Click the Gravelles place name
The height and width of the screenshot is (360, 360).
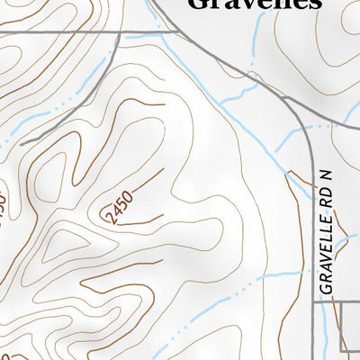pos(255,4)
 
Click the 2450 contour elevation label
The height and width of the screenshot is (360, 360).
pos(118,208)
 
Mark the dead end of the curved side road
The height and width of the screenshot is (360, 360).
pos(22,144)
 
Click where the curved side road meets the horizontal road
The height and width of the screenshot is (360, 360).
pos(121,33)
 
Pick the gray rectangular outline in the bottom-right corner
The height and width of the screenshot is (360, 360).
pos(351,327)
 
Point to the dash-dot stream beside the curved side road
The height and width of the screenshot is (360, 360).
pos(54,108)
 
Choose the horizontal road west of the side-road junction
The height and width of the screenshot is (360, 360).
pos(54,33)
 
